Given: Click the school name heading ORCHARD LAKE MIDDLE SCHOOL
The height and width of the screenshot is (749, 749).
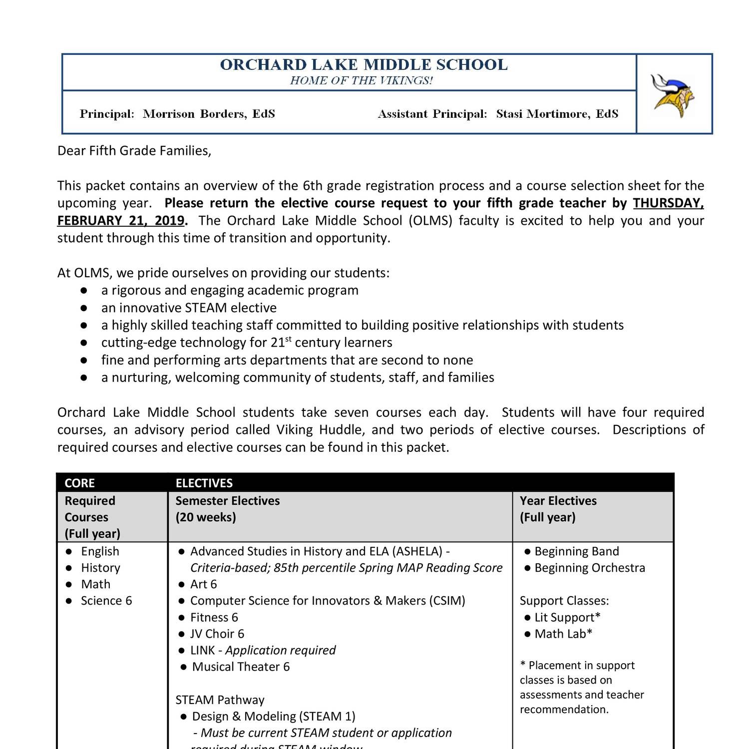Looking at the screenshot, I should [364, 65].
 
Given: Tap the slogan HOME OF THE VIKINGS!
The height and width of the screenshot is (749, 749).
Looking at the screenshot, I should [361, 81].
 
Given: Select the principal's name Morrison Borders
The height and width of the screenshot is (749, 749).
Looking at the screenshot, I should [208, 114].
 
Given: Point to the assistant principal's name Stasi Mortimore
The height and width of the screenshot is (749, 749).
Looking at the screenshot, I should [557, 114].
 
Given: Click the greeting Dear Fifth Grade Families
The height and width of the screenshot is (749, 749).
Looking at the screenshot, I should [134, 151].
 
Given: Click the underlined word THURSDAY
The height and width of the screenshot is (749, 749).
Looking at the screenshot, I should [668, 203].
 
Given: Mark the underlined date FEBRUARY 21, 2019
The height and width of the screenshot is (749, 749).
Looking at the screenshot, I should [121, 221].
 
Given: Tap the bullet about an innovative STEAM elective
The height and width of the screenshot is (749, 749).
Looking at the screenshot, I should [189, 308].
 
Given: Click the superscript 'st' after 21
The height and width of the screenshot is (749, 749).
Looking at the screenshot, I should [288, 340].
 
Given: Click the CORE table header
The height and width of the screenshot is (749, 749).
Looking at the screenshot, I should [79, 483].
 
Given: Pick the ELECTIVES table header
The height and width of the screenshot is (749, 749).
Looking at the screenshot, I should [204, 483].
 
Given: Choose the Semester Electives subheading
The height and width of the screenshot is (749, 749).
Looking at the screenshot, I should [228, 501].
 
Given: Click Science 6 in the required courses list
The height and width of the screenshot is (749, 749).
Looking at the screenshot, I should [106, 601].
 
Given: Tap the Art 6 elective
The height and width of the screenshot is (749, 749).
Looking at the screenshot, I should [203, 584].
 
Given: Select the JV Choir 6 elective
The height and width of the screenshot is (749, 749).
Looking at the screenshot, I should [217, 634].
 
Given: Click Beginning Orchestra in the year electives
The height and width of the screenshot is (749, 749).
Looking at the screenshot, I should [589, 568].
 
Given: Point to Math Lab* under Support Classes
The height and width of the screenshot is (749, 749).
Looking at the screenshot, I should [563, 634].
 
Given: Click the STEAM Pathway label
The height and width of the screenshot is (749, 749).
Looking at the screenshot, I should [220, 700].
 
